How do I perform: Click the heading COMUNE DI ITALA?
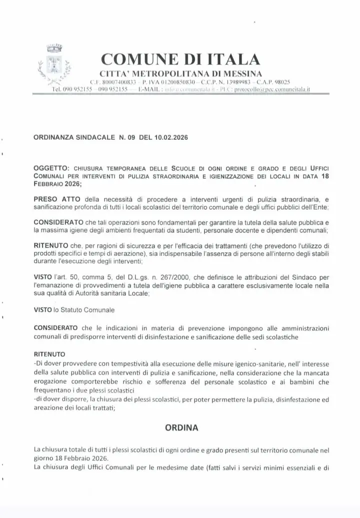[x=180, y=59]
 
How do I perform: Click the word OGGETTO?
[x=51, y=169]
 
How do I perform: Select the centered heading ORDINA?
[x=181, y=428]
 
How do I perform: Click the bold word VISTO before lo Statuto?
[x=42, y=310]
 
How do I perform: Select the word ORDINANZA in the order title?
[x=53, y=136]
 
